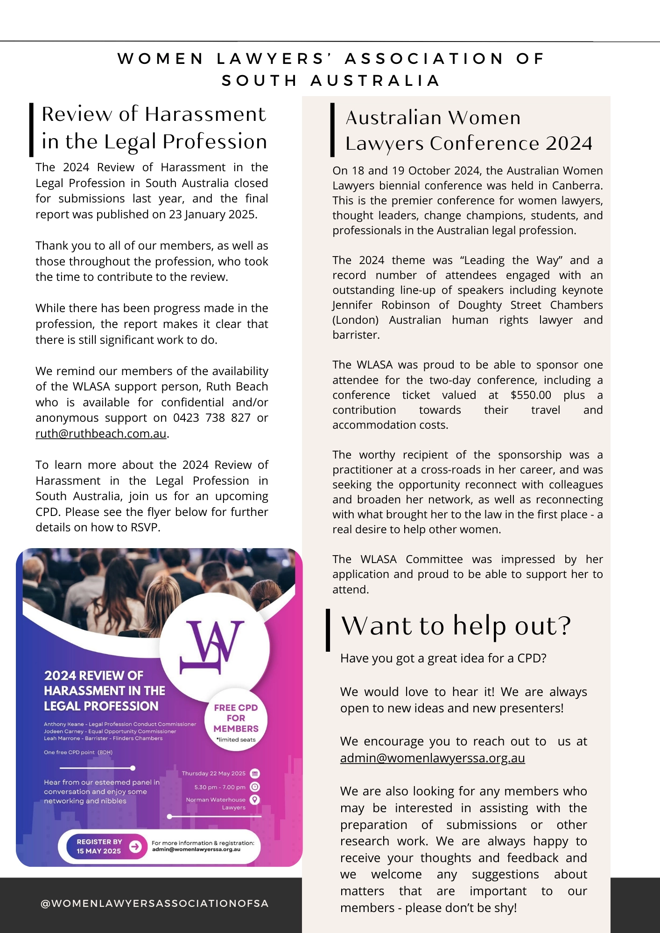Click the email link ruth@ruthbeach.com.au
pyautogui.click(x=101, y=433)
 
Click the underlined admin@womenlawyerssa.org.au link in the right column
pyautogui.click(x=432, y=758)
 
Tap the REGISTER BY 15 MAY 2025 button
pyautogui.click(x=99, y=846)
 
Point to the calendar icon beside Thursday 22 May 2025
pyautogui.click(x=255, y=773)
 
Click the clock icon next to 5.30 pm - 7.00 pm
pyautogui.click(x=255, y=787)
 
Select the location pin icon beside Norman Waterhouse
pyautogui.click(x=255, y=800)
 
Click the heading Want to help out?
pyautogui.click(x=456, y=626)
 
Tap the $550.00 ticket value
pyautogui.click(x=531, y=395)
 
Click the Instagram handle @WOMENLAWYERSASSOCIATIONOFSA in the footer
pyautogui.click(x=154, y=904)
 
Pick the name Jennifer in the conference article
pyautogui.click(x=352, y=305)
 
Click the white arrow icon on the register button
pyautogui.click(x=135, y=846)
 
